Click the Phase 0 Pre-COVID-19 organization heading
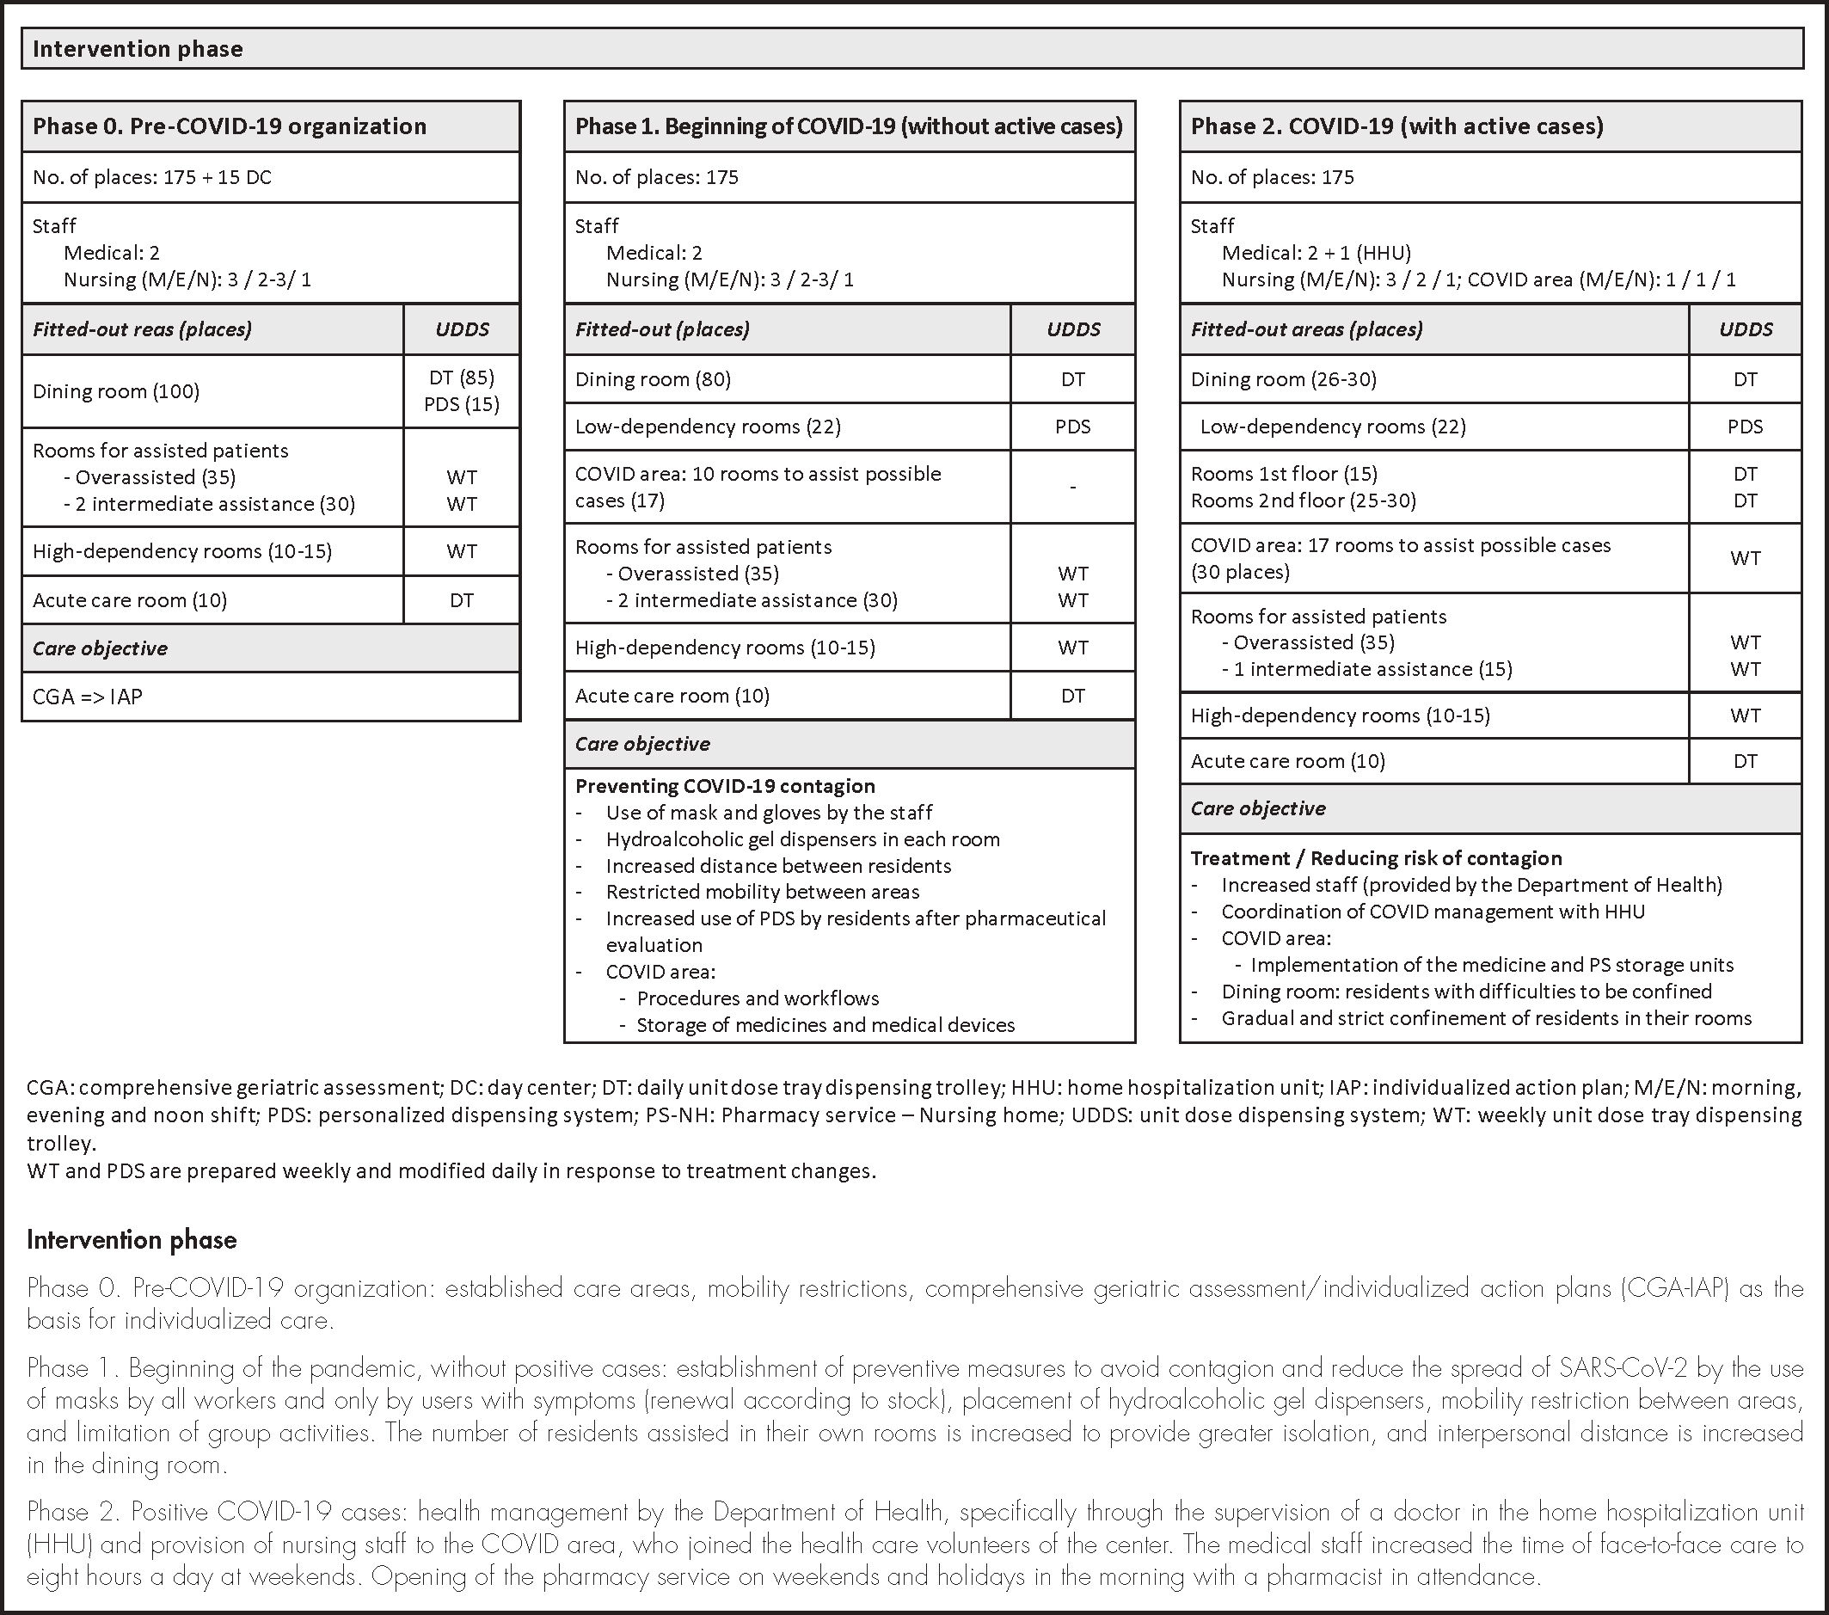[229, 126]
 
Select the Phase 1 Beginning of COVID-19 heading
[848, 126]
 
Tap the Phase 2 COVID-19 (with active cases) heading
[1396, 126]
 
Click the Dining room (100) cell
[116, 391]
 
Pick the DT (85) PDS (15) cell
[462, 391]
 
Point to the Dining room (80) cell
[654, 379]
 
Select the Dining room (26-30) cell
[1283, 379]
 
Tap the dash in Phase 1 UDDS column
[1073, 487]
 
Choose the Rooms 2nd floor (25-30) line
[1303, 500]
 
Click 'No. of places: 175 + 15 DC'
[152, 177]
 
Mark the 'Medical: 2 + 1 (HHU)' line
[1317, 253]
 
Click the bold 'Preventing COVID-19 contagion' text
[725, 786]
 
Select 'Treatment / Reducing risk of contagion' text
[1376, 858]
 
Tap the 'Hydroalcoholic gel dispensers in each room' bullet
[802, 839]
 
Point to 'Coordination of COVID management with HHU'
[1433, 912]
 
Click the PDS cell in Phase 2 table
[1745, 427]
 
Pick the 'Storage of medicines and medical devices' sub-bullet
[825, 1025]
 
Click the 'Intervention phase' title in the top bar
[138, 49]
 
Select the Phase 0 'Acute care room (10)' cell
[130, 600]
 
